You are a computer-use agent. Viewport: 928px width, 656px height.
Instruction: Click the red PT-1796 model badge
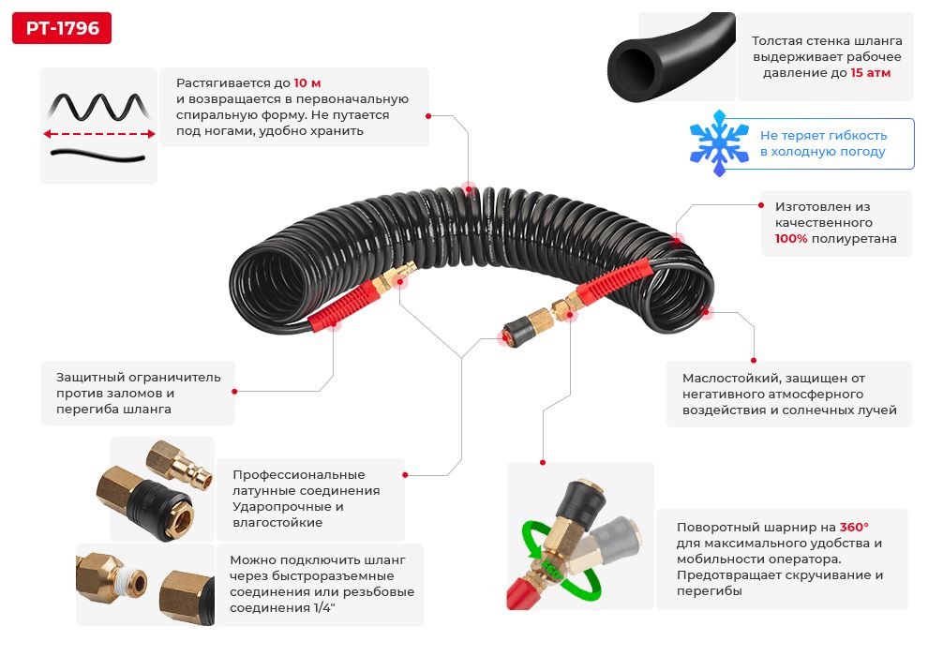click(x=62, y=28)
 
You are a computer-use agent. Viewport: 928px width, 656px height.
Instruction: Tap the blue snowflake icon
click(x=719, y=143)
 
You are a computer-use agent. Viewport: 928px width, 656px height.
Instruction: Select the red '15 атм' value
click(x=870, y=72)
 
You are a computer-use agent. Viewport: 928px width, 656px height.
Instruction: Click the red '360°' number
click(x=853, y=527)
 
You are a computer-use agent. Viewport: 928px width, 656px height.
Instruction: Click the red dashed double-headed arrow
click(x=99, y=134)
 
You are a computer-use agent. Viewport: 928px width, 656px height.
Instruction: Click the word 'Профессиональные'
click(x=298, y=474)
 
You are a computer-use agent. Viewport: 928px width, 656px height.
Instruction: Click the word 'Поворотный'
click(x=711, y=527)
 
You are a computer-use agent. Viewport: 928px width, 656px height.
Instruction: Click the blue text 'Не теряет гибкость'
click(x=823, y=135)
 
